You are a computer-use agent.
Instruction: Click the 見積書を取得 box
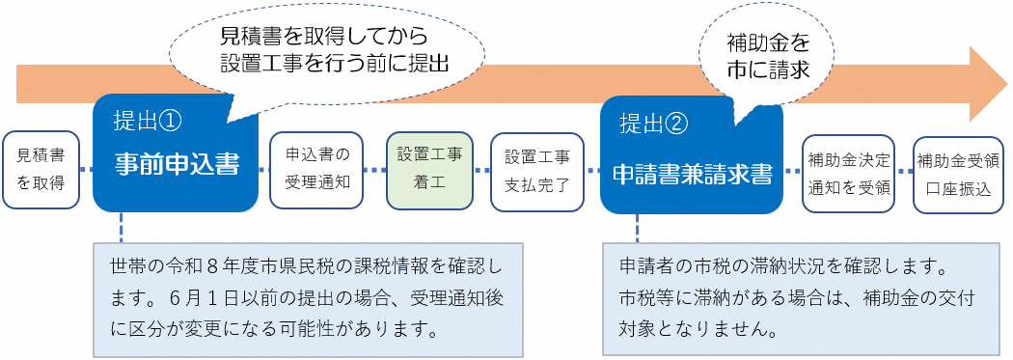click(x=41, y=170)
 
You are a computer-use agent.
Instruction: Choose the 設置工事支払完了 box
click(x=536, y=172)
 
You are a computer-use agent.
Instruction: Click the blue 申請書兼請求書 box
click(x=692, y=155)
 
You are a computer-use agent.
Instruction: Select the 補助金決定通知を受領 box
click(x=848, y=173)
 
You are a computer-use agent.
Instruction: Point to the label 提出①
click(x=150, y=122)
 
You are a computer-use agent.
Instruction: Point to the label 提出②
click(x=656, y=123)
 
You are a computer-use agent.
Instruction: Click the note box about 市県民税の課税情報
click(x=308, y=299)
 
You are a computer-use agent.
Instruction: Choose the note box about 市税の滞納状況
click(x=801, y=299)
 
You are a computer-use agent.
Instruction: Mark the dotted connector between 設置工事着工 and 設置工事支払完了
click(x=482, y=171)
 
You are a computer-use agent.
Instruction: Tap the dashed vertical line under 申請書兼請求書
click(x=638, y=228)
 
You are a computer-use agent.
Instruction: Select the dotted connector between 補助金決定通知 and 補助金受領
click(x=904, y=172)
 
